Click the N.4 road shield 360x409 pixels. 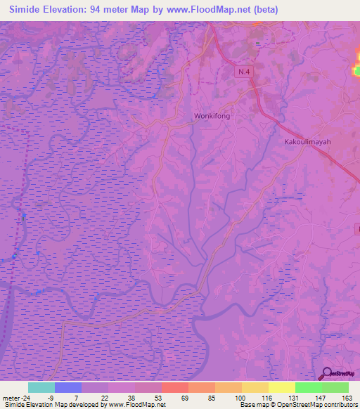coord(243,72)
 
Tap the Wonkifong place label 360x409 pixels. coord(212,116)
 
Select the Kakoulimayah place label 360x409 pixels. coord(307,141)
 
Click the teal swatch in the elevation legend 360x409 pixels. coord(41,387)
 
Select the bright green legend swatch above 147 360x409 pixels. coord(308,387)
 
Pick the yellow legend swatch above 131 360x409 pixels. coord(281,387)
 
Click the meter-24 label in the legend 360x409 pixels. coord(15,397)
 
